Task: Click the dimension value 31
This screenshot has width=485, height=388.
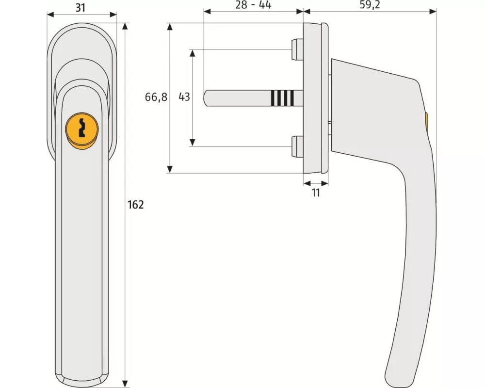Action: (x=81, y=7)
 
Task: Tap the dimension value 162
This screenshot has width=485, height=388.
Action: (x=135, y=205)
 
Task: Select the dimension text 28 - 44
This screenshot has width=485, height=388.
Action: (x=253, y=5)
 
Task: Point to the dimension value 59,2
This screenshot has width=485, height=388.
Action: (x=370, y=5)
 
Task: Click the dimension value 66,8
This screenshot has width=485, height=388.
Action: (x=156, y=97)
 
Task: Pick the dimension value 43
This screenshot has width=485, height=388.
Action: (x=184, y=97)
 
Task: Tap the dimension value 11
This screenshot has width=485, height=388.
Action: (x=316, y=193)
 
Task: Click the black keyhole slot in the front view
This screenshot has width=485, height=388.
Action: (x=82, y=128)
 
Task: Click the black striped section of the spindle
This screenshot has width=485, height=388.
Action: (x=282, y=97)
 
